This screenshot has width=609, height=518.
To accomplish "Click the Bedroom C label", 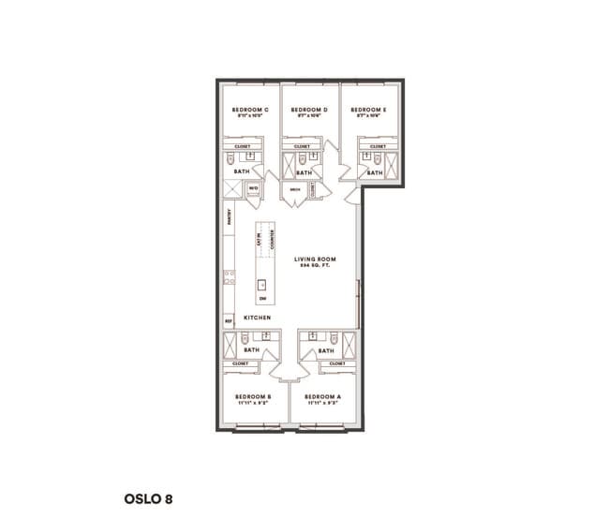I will coord(250,111).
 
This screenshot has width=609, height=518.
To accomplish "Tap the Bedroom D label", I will coord(311,111).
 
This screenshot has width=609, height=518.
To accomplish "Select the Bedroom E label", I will coord(369,111).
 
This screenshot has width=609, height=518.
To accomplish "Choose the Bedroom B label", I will coord(254,397).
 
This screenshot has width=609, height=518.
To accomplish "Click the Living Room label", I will coord(315,259).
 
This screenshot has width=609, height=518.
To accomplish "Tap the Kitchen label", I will coord(258,318).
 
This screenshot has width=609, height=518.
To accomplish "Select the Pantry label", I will coord(229,217).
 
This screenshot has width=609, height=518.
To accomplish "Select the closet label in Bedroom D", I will coord(302,146).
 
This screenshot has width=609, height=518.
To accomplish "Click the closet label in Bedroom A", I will coord(337,363).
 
